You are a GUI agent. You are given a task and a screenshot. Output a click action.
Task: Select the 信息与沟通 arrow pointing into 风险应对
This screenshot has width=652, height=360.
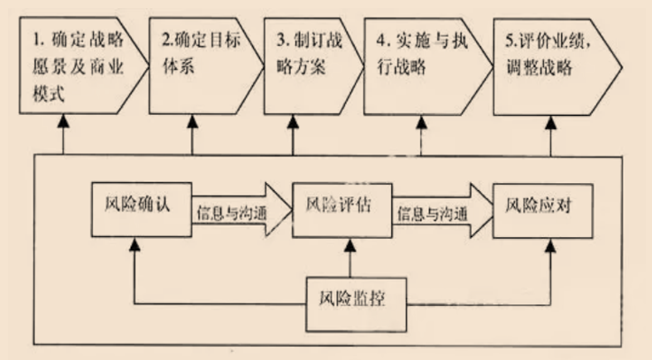pyautogui.click(x=439, y=213)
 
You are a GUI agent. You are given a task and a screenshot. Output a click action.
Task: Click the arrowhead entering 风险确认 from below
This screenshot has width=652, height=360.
pyautogui.click(x=133, y=245)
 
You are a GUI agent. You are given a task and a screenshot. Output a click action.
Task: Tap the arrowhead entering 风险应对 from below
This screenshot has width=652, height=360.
pyautogui.click(x=550, y=245)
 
